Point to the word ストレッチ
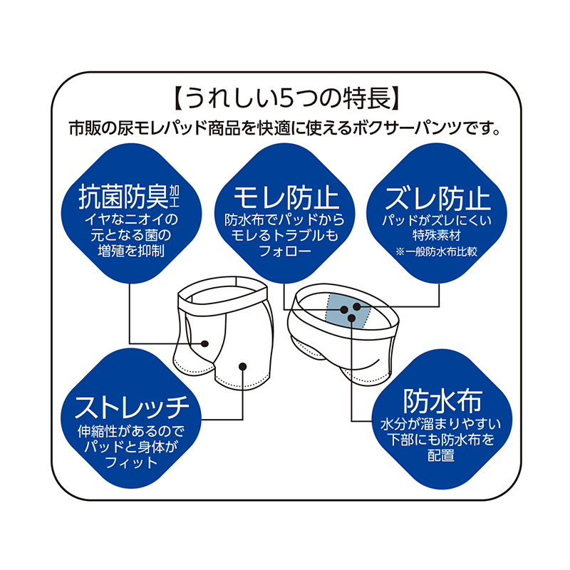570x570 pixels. tap(133, 408)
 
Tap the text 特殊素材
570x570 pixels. tap(437, 234)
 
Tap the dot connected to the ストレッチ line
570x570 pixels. tap(243, 366)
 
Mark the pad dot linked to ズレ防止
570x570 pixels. tap(356, 306)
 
